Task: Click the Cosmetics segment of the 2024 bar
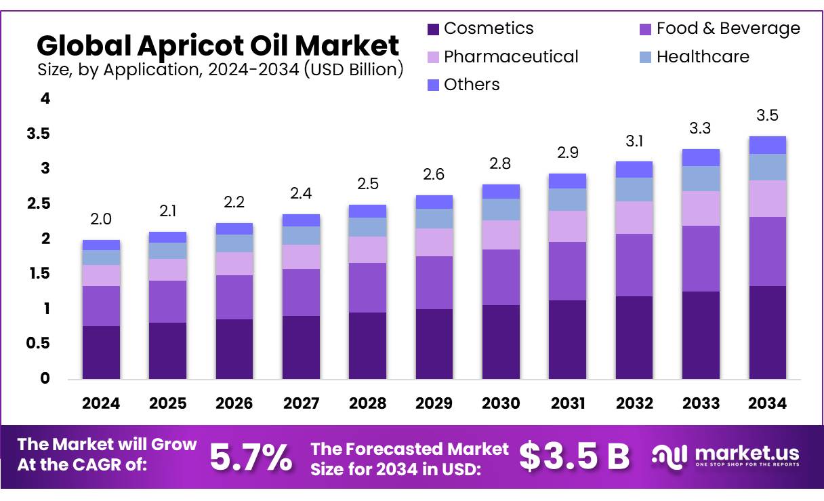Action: coord(101,352)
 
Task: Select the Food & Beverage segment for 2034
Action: coord(768,252)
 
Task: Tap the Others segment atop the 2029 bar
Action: coord(434,202)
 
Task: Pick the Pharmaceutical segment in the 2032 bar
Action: coord(634,218)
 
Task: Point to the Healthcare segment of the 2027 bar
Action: coord(301,235)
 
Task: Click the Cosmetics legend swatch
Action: coord(434,29)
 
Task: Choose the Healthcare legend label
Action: coord(703,57)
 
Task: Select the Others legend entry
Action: coord(472,85)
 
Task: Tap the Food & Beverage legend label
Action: coord(728,28)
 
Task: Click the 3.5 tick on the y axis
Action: coord(39,134)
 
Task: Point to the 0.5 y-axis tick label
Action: coord(39,344)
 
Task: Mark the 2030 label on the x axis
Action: coord(501,403)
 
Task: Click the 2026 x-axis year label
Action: coord(234,403)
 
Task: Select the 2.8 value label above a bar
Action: coord(501,163)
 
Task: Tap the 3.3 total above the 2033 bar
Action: coord(701,128)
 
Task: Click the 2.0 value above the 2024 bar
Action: coord(101,219)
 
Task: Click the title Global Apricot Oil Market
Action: coord(218,45)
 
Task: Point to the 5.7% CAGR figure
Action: coord(251,457)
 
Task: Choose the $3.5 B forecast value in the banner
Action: coord(575,456)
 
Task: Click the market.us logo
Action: coord(726,456)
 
